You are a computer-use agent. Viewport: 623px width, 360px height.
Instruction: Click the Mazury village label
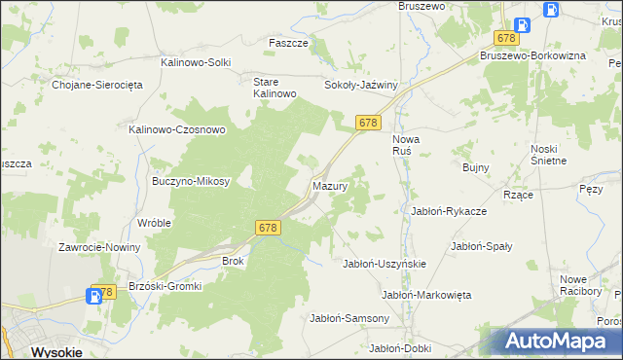tap(329, 185)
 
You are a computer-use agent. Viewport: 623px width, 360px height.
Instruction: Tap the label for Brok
tap(234, 261)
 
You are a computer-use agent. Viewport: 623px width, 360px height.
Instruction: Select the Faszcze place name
tap(288, 44)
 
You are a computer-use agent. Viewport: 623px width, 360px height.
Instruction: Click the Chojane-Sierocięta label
tap(97, 85)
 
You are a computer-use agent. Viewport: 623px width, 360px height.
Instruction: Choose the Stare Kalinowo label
tap(274, 88)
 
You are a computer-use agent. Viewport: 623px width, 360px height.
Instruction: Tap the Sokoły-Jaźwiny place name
tap(361, 85)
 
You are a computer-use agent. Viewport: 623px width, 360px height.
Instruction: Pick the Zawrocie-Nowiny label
tap(99, 247)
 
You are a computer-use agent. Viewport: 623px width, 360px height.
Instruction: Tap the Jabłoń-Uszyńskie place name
tap(385, 264)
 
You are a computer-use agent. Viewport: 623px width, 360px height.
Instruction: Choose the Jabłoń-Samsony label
tap(349, 318)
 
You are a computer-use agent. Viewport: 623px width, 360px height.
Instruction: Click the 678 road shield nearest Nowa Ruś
tap(367, 123)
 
